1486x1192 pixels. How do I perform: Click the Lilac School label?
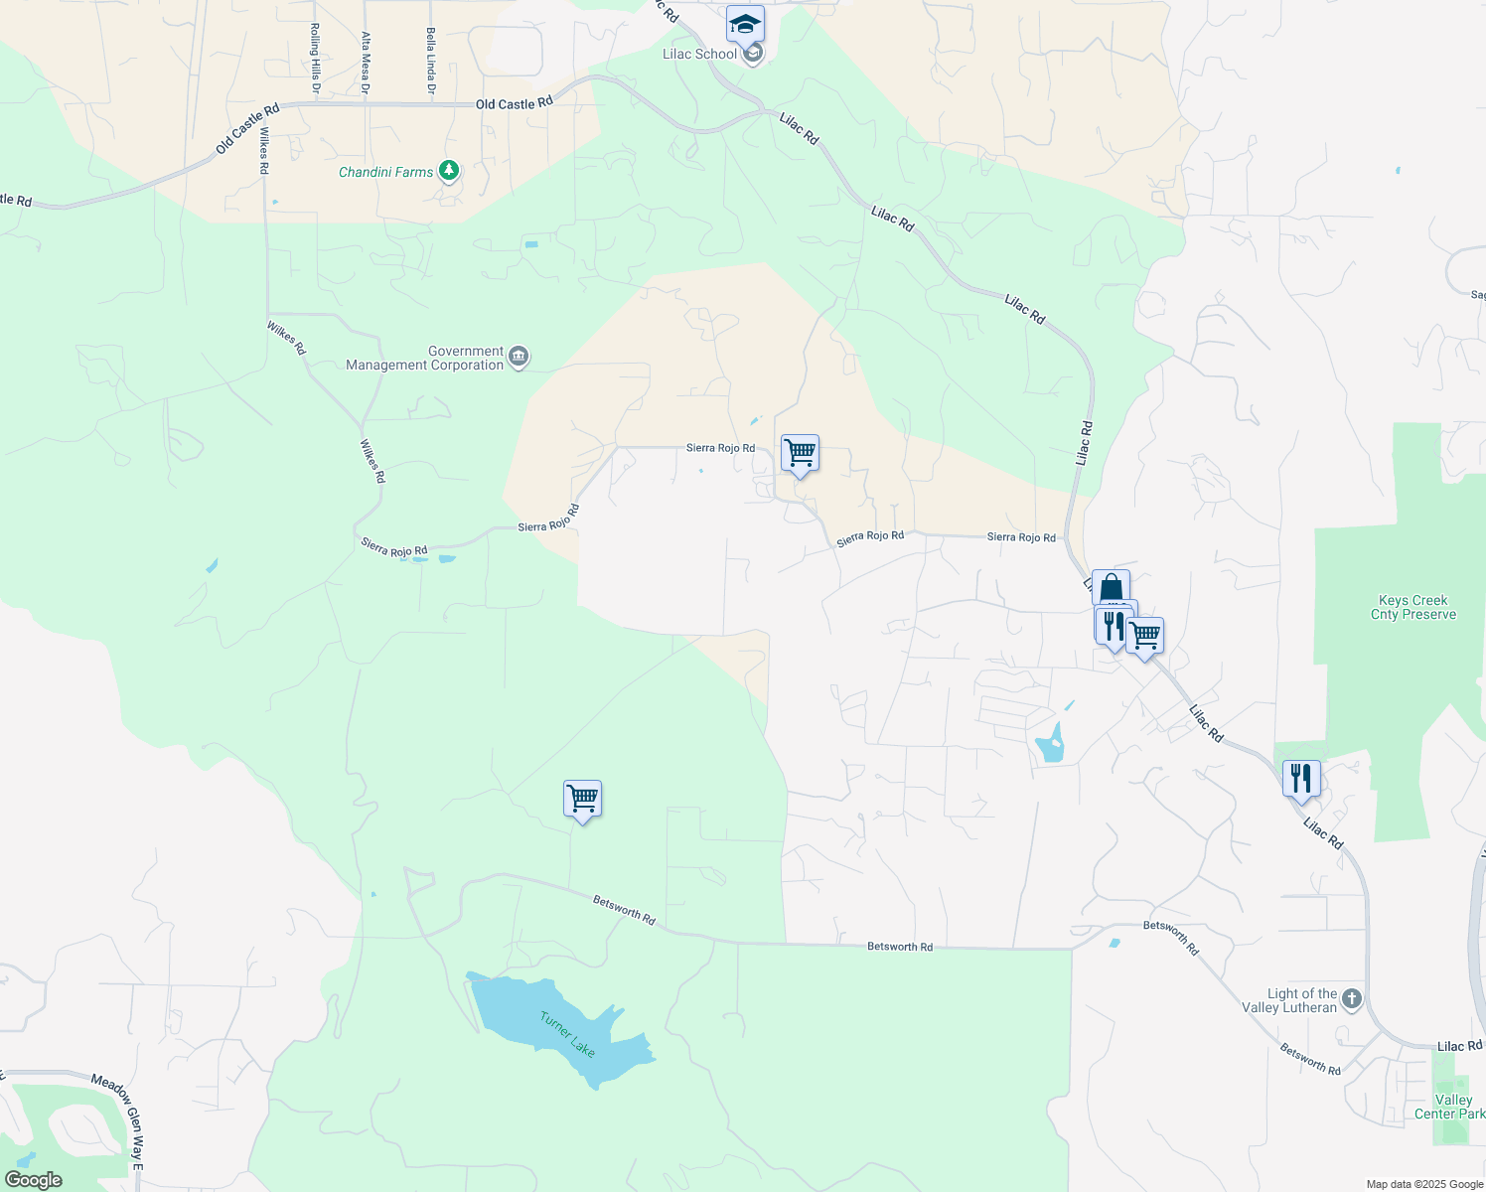point(699,54)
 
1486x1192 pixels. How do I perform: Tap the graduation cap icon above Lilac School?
point(744,23)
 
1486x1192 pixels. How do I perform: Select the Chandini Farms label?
point(385,172)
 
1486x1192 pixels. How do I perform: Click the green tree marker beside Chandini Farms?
point(449,171)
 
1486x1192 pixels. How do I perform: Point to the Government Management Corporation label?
point(425,358)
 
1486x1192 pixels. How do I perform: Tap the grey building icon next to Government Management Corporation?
point(518,357)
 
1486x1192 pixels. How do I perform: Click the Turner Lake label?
point(568,1033)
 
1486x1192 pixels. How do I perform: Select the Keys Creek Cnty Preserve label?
point(1412,607)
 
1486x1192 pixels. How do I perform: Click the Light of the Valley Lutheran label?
point(1289,1000)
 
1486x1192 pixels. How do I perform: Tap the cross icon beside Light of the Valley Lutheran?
point(1351,998)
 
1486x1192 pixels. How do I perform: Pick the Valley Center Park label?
point(1450,1107)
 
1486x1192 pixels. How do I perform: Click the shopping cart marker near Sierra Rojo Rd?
point(800,453)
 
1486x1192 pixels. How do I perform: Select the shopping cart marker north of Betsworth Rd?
point(582,799)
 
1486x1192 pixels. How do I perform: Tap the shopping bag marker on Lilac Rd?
point(1111,588)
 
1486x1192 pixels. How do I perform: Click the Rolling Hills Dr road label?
point(315,59)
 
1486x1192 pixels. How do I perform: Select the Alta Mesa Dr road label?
point(366,63)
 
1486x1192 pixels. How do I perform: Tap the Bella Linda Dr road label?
point(431,61)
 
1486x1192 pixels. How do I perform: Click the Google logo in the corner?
point(34,1179)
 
